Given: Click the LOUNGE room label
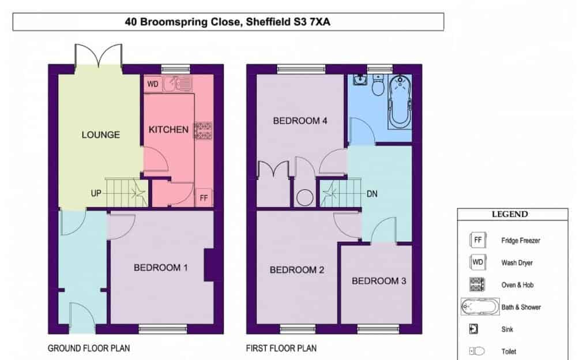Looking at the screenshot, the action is click(x=101, y=135).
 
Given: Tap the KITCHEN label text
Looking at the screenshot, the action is click(x=168, y=130).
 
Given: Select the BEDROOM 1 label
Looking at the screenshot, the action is click(x=161, y=268).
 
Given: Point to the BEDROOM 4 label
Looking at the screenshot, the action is click(x=300, y=121).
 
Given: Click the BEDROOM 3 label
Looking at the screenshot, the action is click(x=379, y=281).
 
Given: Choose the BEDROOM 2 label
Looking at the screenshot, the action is click(x=297, y=270).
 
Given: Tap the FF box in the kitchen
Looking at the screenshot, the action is click(x=204, y=197).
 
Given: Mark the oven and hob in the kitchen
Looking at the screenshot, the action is click(x=203, y=131).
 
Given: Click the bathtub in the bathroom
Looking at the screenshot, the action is click(x=400, y=101).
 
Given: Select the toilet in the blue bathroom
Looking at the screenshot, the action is click(x=378, y=85).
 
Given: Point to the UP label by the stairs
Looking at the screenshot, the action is click(x=96, y=193).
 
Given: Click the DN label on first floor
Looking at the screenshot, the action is click(x=372, y=194).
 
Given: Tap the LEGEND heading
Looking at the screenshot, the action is click(x=510, y=214).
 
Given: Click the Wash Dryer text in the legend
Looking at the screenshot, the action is click(x=517, y=263).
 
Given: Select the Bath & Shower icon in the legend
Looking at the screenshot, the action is click(x=480, y=307).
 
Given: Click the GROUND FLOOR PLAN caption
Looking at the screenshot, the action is click(x=89, y=348).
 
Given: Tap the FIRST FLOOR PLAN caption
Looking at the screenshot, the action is click(x=281, y=348).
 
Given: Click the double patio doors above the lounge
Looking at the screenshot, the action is click(x=99, y=56).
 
